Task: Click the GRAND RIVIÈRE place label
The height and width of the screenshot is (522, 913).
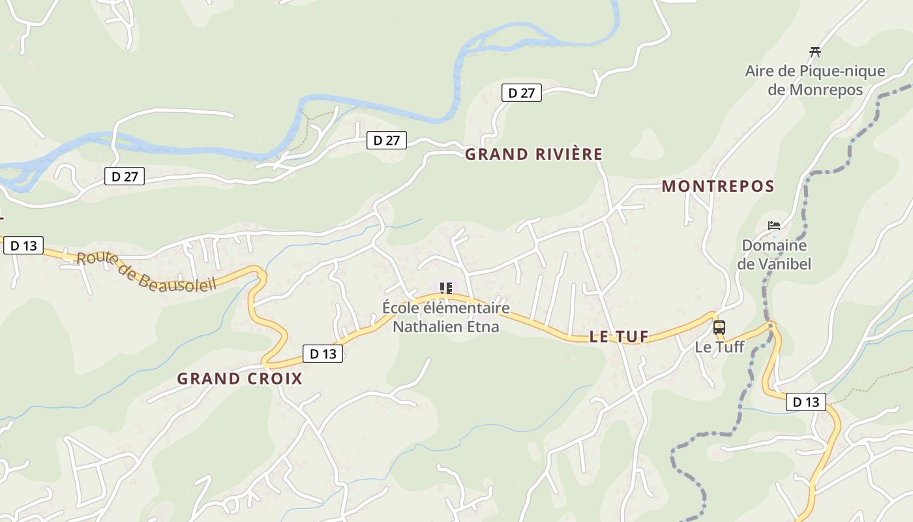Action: pos(533,155)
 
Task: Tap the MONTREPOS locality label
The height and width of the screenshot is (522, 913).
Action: pos(718,187)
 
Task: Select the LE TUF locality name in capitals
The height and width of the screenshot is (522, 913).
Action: pos(619,337)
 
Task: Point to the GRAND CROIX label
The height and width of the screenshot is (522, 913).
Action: pos(240,378)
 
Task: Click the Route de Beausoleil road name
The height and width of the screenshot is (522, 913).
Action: pos(146,271)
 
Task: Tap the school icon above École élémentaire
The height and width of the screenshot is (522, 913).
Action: pos(446,288)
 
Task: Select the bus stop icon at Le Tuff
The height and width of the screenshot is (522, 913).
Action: pos(719,328)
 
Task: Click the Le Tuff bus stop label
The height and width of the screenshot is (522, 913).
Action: pos(719,346)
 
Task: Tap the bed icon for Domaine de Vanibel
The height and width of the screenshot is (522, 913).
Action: pos(774,226)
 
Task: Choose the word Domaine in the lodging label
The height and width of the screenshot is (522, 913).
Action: pos(774,246)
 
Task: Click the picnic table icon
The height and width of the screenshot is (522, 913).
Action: pos(815,52)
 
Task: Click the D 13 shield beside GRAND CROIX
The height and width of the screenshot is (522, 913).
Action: pos(323,354)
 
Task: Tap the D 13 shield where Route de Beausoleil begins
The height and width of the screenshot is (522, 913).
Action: pos(23,245)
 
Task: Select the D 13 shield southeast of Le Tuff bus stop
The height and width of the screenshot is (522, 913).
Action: pos(806,402)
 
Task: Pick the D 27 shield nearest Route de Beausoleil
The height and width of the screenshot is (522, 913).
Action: pos(125,176)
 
